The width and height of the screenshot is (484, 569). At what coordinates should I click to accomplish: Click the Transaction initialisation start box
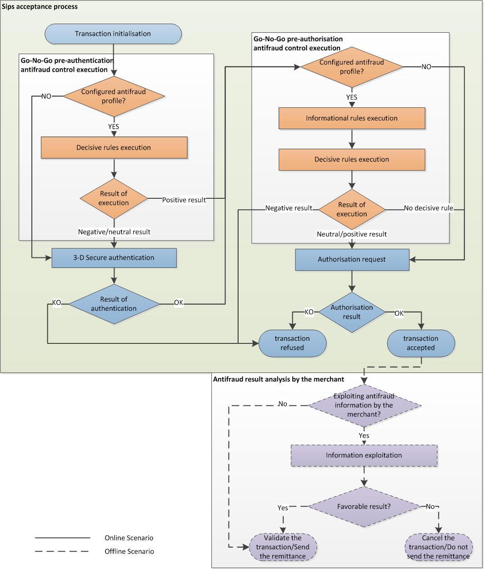click(x=113, y=34)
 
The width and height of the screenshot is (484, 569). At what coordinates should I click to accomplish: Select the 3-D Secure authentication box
click(x=114, y=258)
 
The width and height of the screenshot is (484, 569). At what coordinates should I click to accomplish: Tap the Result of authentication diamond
click(x=114, y=304)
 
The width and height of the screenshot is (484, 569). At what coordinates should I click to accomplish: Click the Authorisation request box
click(x=352, y=260)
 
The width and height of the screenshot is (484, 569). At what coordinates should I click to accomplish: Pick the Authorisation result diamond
click(x=352, y=312)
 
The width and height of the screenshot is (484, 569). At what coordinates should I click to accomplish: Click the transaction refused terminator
click(x=292, y=343)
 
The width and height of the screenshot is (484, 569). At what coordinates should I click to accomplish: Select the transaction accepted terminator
click(x=421, y=343)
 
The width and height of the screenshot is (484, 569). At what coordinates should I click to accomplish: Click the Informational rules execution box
click(x=352, y=118)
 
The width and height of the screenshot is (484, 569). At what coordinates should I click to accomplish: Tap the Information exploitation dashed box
click(x=364, y=455)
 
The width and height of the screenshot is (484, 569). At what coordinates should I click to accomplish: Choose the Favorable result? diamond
click(x=364, y=507)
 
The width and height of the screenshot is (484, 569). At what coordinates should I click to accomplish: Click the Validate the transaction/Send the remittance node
click(x=283, y=547)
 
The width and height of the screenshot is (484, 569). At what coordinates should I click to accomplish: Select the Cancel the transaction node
click(x=439, y=547)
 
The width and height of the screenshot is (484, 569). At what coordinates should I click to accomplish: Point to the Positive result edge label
click(x=184, y=200)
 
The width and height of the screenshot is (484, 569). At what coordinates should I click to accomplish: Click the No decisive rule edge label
click(x=429, y=208)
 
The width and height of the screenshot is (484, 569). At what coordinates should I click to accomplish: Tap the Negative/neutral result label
click(x=114, y=232)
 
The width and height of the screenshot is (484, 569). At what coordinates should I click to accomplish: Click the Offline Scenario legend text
click(x=129, y=552)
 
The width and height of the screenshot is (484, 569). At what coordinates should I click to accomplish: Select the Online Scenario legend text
click(x=129, y=538)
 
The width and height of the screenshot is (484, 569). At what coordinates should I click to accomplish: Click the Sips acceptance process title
click(x=40, y=7)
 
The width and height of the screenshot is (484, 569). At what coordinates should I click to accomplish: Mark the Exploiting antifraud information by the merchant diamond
click(x=364, y=405)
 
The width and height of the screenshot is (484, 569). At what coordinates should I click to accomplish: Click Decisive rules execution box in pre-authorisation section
click(x=352, y=160)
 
